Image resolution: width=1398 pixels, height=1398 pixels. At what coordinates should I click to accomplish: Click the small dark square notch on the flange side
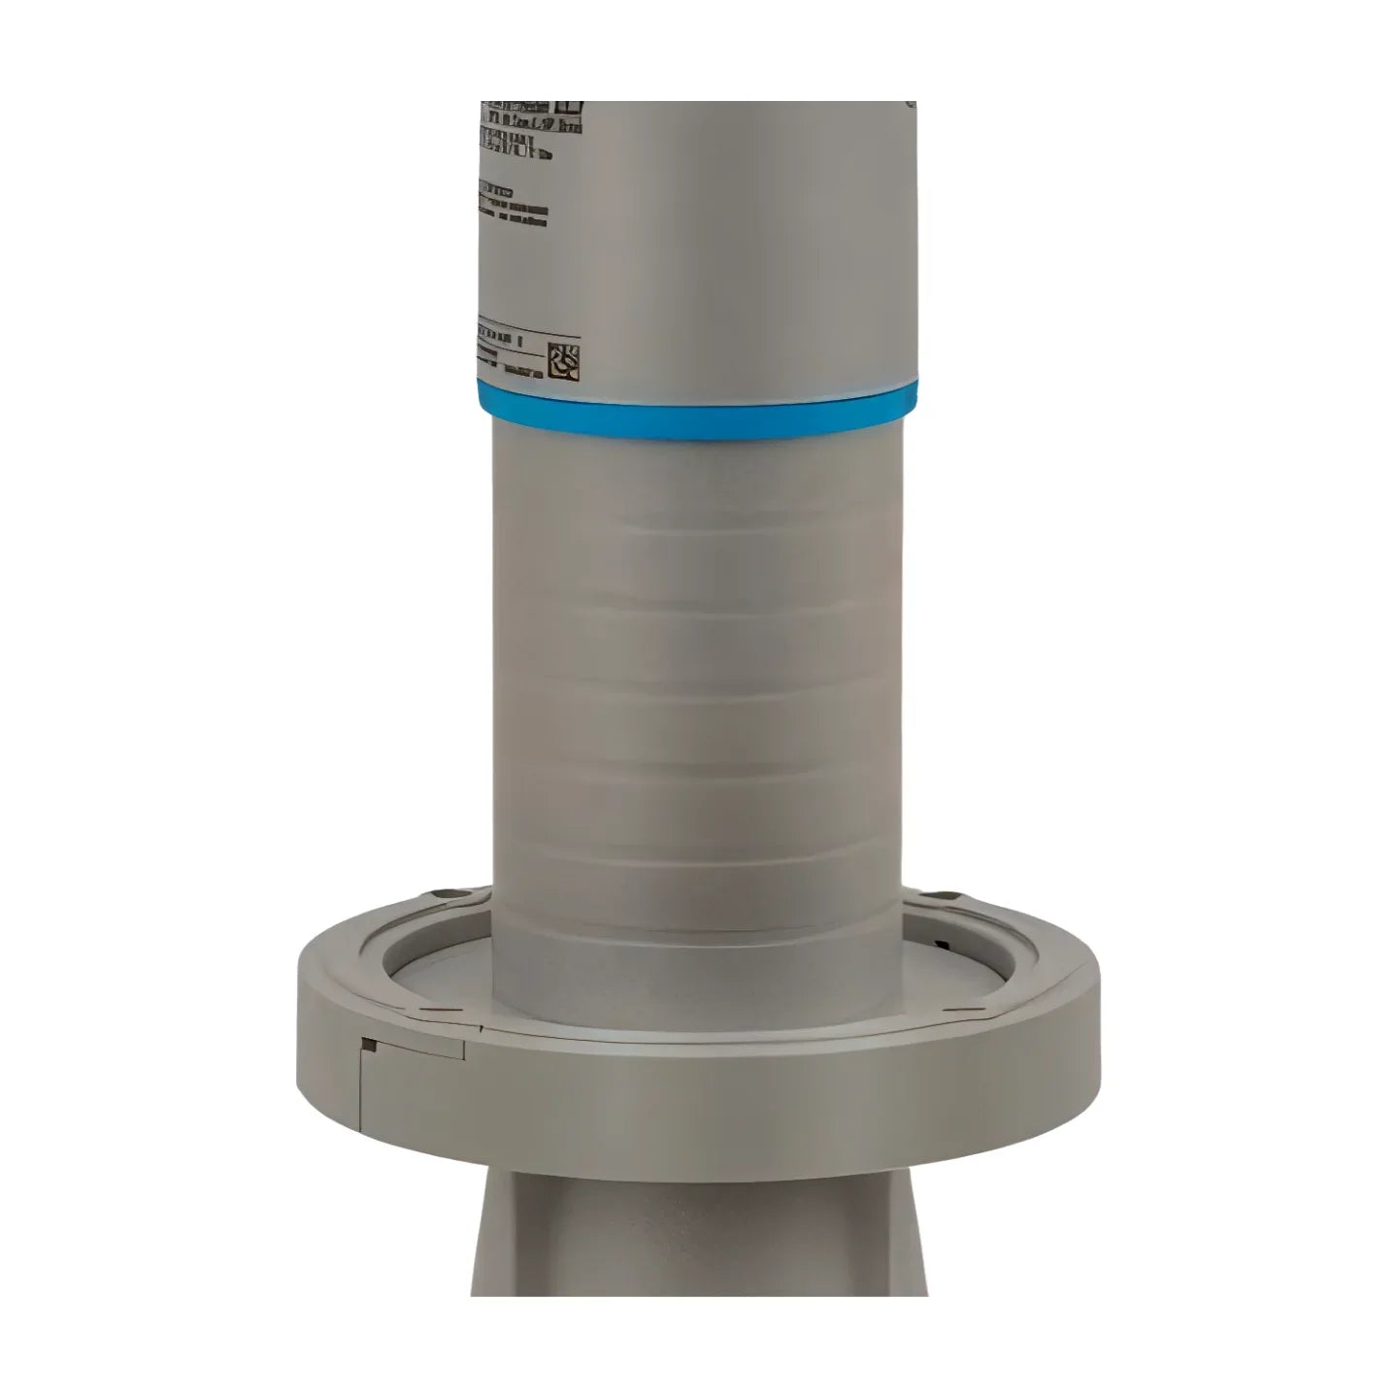pos(368,1045)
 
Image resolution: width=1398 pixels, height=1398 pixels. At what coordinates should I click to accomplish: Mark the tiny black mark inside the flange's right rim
pos(940,944)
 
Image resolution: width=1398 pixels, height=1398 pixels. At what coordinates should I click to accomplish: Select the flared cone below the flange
pos(699,1233)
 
